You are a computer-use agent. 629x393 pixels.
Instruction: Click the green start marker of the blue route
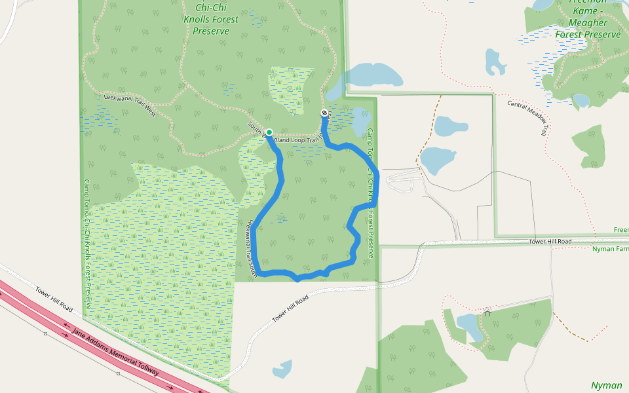click(x=269, y=132)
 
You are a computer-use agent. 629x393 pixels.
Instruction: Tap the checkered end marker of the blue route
click(x=324, y=113)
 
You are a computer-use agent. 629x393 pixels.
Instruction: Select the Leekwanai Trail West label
click(x=130, y=105)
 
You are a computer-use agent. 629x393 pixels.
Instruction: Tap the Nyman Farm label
click(x=610, y=249)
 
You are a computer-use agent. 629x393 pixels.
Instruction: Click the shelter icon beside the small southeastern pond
click(x=487, y=313)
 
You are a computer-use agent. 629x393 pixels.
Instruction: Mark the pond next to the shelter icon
click(x=470, y=325)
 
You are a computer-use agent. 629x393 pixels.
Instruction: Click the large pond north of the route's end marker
click(x=370, y=75)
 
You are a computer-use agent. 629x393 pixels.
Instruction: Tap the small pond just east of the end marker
click(x=361, y=121)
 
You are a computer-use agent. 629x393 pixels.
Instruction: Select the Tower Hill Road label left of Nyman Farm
click(x=550, y=242)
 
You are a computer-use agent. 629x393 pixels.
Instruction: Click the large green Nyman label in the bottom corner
click(x=607, y=385)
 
